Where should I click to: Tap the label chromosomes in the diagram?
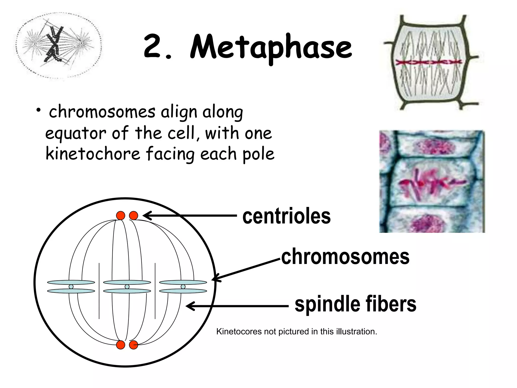[345, 257]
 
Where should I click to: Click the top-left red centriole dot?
[121, 216]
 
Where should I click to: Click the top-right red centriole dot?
[134, 216]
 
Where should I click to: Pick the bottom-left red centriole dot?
[121, 345]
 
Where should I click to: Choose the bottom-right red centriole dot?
[134, 345]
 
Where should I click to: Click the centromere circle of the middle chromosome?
[127, 287]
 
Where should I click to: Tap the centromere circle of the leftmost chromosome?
[71, 287]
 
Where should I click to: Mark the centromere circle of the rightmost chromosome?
[183, 287]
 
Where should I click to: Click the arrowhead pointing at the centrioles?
[146, 216]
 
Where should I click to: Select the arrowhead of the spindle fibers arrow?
[189, 306]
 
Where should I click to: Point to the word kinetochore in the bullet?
[93, 154]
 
